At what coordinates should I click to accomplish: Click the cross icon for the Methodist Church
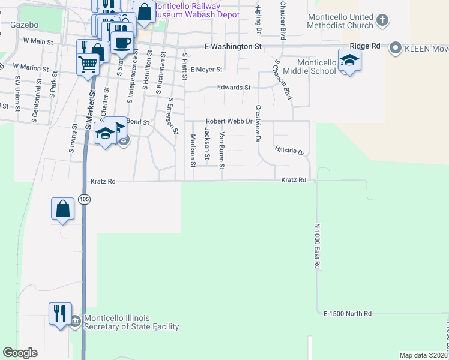[x=382, y=22]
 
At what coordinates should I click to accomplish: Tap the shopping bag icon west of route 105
[x=63, y=209]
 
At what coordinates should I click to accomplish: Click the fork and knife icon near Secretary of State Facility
[x=60, y=314]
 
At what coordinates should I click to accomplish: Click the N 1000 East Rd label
[x=318, y=246]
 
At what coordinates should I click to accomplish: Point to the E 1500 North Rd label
[x=348, y=314]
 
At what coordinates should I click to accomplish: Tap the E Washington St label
[x=233, y=46]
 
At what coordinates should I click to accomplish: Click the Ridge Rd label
[x=366, y=46]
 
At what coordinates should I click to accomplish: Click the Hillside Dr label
[x=290, y=150]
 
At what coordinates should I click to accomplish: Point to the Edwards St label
[x=234, y=88]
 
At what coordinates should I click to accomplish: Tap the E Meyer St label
[x=206, y=70]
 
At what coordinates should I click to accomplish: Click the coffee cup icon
[x=122, y=44]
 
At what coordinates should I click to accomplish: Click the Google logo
[x=20, y=353]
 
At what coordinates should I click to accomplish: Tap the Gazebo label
[x=24, y=25]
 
